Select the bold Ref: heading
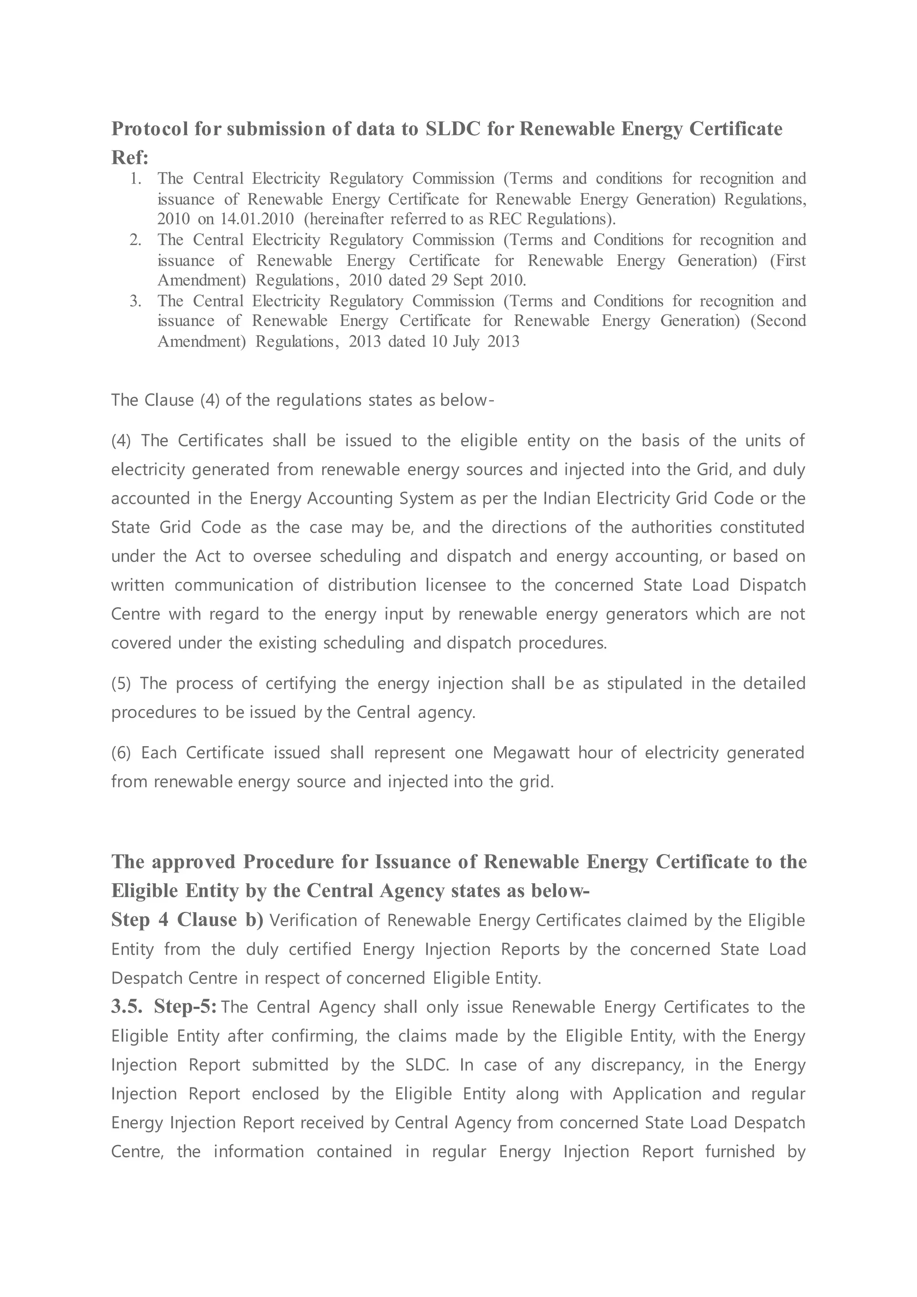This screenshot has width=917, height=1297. coord(130,158)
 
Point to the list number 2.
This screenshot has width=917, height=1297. coord(135,240)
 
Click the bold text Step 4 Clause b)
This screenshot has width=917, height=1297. coord(187,920)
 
